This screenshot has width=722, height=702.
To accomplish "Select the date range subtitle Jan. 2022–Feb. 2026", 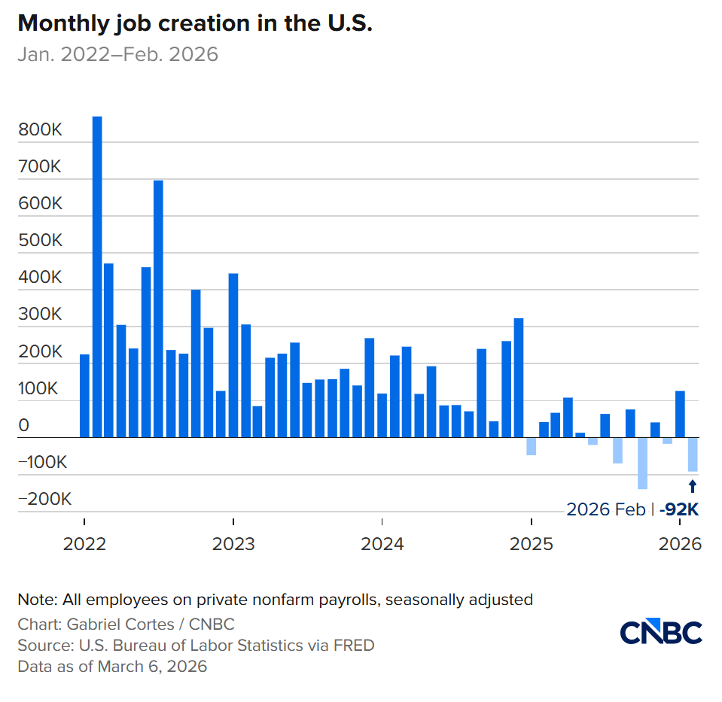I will pos(117,54).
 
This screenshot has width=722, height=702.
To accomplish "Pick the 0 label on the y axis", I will pos(24,426).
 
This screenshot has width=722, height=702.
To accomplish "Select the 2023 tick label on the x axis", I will pos(233,543).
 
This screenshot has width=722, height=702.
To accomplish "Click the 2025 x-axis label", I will pos(532,543).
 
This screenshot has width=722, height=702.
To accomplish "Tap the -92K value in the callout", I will pos(679,509).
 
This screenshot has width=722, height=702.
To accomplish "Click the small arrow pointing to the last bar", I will pos(693,486).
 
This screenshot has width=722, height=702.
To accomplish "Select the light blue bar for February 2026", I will pos(693,454).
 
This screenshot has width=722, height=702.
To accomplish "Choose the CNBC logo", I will pos(661,633).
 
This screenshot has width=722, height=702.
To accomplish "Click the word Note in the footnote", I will pos(35,600).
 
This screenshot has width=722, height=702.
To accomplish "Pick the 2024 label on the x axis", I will pos(382,543).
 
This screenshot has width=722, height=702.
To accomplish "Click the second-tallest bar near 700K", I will pos(159,308).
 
